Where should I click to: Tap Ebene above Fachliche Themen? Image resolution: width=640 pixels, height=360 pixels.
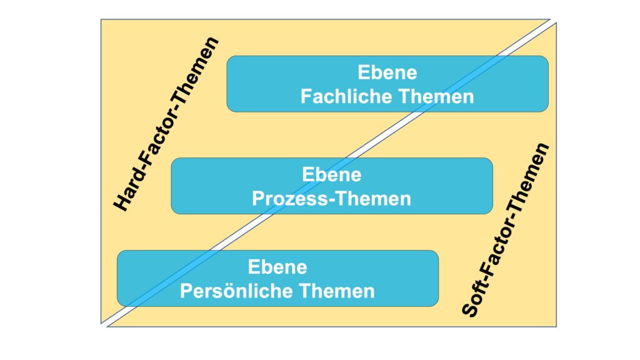[387, 73]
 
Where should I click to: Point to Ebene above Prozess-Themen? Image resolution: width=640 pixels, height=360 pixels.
[331, 174]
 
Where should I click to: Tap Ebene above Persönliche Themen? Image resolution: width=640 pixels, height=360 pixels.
[277, 267]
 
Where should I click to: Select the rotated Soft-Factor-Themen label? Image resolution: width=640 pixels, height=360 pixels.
[506, 230]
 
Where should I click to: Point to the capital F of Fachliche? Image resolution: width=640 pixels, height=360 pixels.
[306, 97]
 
